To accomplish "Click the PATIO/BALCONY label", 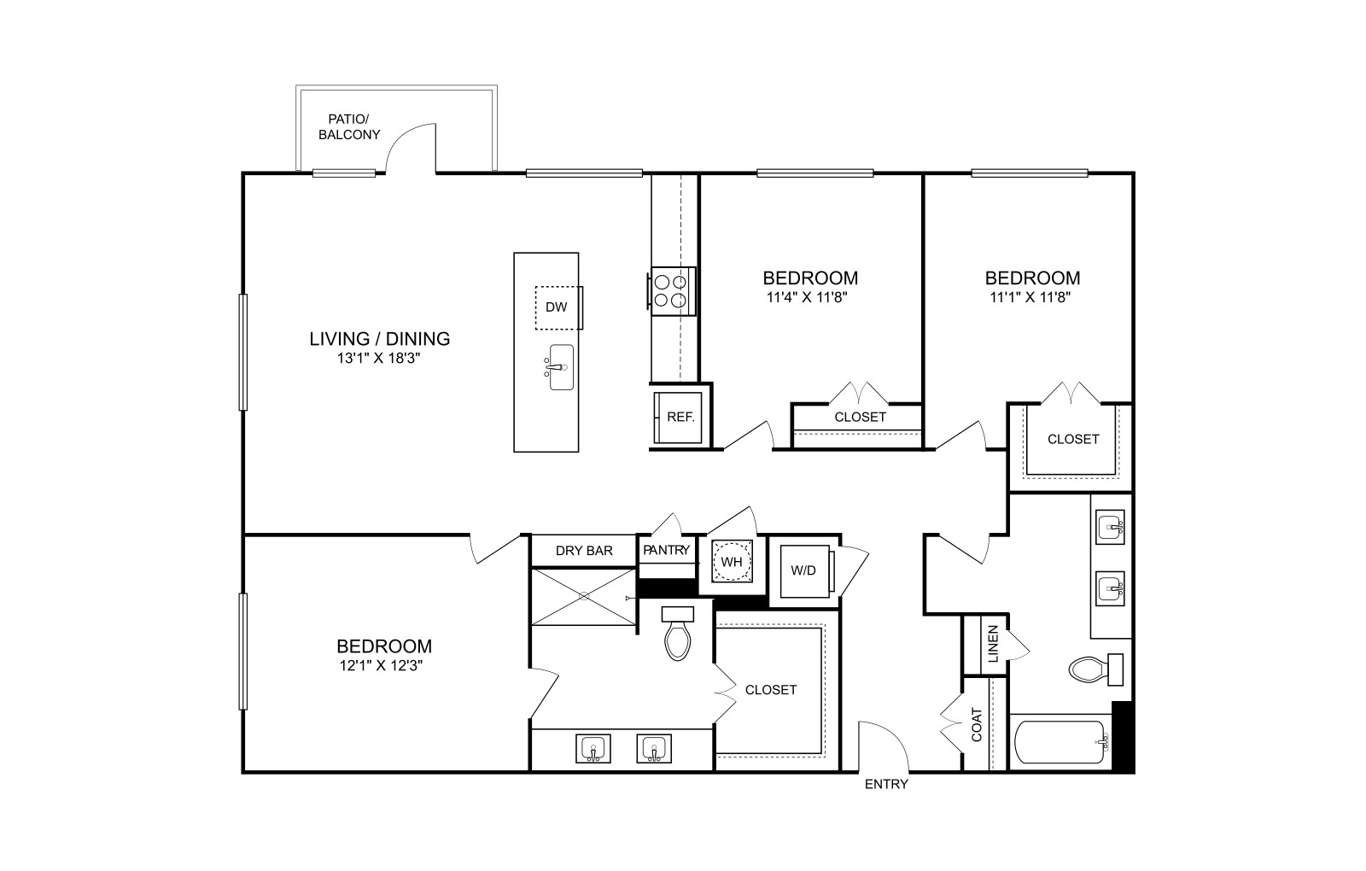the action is click(349, 127).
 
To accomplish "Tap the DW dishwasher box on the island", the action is click(557, 307).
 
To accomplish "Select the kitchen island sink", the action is click(560, 367).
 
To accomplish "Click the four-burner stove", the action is click(671, 291).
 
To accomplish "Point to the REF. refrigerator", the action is click(679, 418).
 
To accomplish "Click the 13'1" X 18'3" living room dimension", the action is click(379, 358).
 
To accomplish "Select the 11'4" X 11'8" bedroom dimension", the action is click(808, 298).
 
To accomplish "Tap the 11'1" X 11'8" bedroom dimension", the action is click(1030, 298).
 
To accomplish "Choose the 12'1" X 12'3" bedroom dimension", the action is click(381, 665).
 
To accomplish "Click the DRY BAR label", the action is click(584, 551).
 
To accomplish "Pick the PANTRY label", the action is click(667, 550).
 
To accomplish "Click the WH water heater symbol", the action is click(732, 561).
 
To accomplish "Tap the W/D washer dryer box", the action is click(805, 571).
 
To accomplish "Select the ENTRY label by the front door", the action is click(887, 785).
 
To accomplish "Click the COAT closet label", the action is click(977, 725).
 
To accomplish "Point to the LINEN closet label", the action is click(994, 644).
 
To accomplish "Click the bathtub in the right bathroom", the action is click(1060, 742).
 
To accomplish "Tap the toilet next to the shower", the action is click(678, 634).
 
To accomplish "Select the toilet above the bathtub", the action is click(1096, 669).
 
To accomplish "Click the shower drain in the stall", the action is click(584, 596).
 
